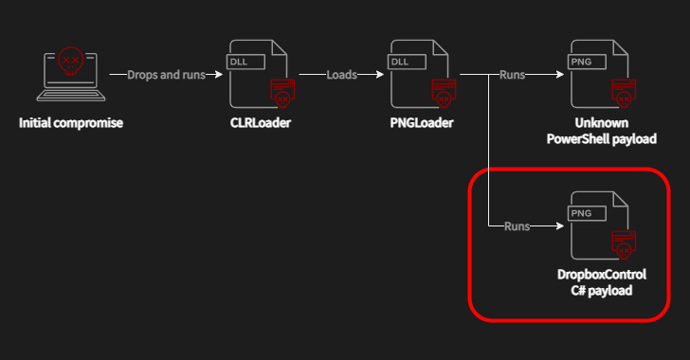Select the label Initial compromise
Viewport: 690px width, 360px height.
[x=71, y=123]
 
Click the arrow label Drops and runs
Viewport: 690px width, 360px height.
[x=166, y=74]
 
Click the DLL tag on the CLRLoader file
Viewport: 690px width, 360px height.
[x=240, y=62]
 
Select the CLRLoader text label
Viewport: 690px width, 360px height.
[x=260, y=123]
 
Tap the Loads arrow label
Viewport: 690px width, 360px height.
[x=342, y=74]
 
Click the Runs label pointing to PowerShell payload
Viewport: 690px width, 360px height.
[x=514, y=74]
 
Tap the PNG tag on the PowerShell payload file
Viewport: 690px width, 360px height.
[x=581, y=62]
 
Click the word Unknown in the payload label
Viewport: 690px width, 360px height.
[x=601, y=123]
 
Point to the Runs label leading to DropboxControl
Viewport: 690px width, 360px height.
[x=517, y=227]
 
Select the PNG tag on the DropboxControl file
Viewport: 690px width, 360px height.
[x=581, y=214]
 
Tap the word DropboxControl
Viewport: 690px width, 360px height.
[x=601, y=275]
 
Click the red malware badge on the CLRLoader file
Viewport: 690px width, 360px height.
[x=281, y=94]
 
